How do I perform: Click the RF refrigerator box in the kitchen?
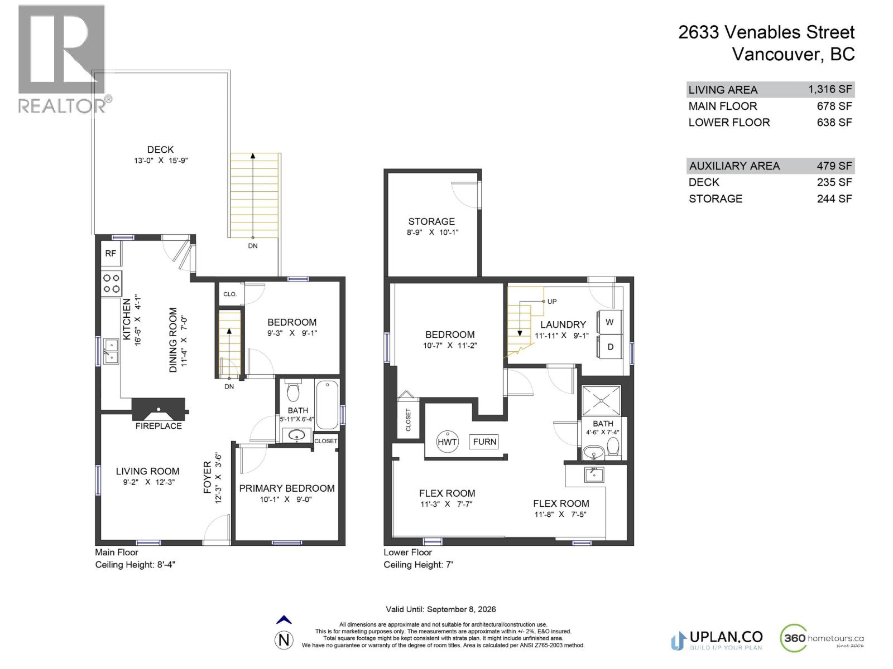(x=111, y=254)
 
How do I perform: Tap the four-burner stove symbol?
(x=112, y=283)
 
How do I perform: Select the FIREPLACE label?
(x=159, y=426)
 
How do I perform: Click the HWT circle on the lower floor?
(x=447, y=442)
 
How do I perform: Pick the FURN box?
(x=484, y=442)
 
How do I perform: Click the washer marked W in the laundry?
(x=609, y=322)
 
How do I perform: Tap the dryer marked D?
(x=610, y=347)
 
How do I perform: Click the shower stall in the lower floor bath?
(x=601, y=400)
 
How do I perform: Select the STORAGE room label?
(x=431, y=221)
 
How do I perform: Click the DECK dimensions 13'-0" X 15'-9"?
(x=160, y=161)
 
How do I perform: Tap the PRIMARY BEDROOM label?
(x=287, y=488)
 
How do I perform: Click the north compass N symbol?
(x=284, y=640)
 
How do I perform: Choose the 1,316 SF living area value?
(x=829, y=89)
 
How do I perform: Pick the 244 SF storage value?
(x=834, y=198)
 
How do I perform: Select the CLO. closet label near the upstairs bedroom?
(x=230, y=294)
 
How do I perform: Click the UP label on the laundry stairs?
(x=551, y=302)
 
